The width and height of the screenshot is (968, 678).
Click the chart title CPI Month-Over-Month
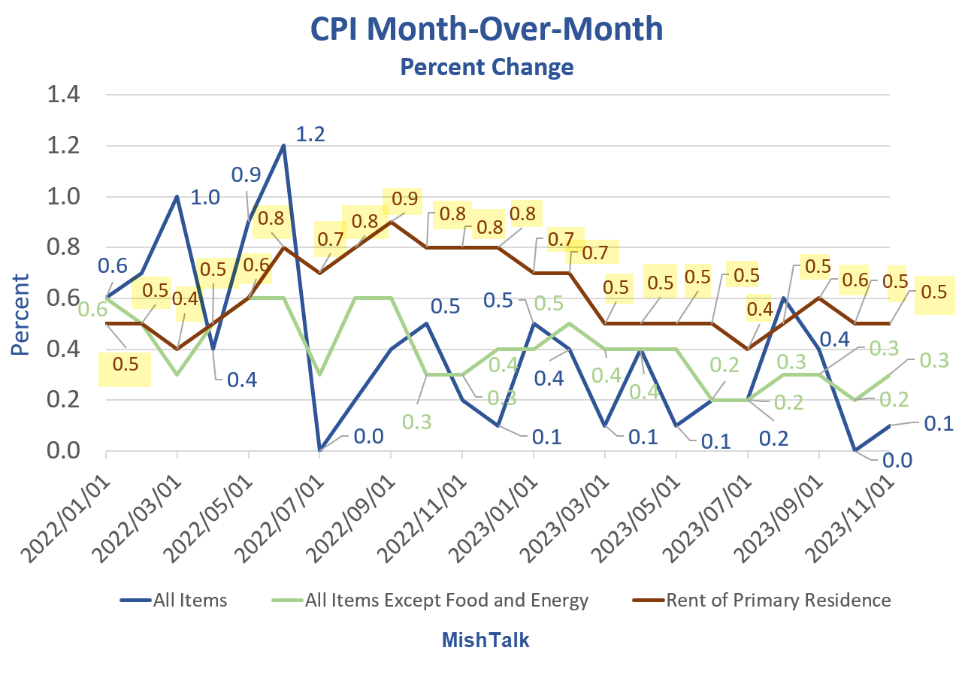tap(486, 29)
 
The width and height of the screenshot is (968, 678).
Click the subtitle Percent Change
tap(486, 67)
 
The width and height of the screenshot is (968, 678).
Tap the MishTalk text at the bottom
tap(485, 640)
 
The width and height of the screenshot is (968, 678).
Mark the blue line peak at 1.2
tap(284, 146)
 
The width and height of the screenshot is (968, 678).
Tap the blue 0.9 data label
tap(246, 175)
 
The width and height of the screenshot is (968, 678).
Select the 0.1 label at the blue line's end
tap(936, 423)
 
